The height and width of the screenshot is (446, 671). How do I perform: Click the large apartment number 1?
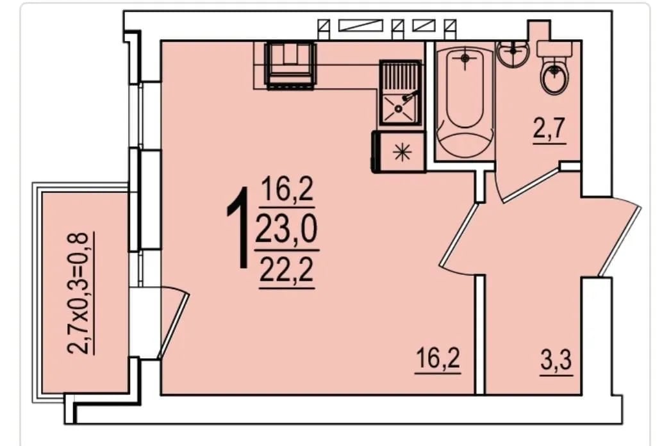click(x=239, y=227)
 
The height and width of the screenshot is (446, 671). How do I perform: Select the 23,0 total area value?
click(x=286, y=229)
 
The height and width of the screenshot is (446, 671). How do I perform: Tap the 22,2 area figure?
click(x=286, y=270)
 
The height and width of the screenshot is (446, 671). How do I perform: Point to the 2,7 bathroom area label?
click(x=550, y=128)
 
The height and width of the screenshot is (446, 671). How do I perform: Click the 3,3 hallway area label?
click(x=556, y=360)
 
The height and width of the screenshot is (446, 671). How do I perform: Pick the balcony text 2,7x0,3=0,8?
click(x=79, y=293)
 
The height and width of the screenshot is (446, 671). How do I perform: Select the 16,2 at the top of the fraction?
click(x=286, y=190)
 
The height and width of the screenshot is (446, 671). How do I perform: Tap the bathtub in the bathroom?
click(x=465, y=101)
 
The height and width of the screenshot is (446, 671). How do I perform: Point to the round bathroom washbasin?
click(x=514, y=53)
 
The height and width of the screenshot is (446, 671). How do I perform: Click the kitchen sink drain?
click(x=399, y=109)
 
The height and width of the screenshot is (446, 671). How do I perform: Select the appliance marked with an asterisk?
click(x=399, y=152)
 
